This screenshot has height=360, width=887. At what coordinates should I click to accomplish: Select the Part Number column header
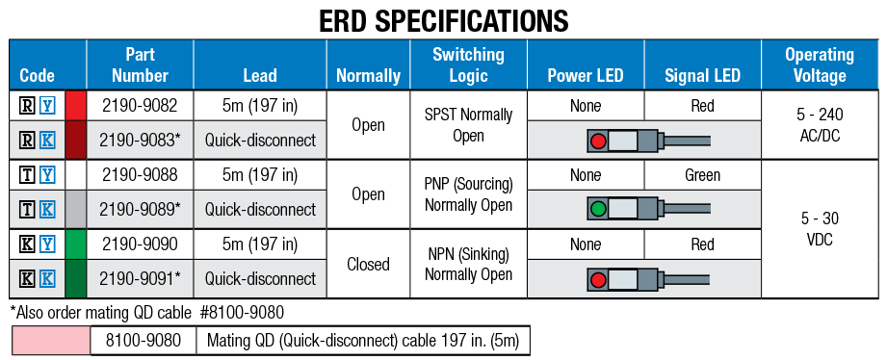point(140,64)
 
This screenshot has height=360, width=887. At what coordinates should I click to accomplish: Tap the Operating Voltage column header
point(819,64)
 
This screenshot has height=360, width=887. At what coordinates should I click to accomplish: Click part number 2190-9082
point(140,106)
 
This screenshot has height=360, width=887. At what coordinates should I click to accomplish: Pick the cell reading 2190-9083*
point(140,141)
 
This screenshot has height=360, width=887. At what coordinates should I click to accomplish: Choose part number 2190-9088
point(140,175)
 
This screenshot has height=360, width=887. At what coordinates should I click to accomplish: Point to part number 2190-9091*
point(140,279)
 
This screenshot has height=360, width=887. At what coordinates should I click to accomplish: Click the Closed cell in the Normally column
point(368,263)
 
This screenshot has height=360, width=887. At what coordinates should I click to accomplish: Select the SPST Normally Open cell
point(468,124)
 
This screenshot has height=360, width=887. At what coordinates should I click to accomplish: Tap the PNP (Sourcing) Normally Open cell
point(468,193)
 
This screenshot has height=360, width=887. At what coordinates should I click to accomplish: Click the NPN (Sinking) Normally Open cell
point(468,263)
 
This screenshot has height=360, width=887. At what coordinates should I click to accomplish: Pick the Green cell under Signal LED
point(702,175)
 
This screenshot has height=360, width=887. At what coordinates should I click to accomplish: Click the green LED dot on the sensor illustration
point(597,210)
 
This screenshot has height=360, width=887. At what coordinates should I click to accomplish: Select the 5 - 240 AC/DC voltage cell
point(819,124)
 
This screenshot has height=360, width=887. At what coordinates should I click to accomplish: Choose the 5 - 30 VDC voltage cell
point(819,228)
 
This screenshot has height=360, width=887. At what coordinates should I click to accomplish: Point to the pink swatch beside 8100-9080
point(51,340)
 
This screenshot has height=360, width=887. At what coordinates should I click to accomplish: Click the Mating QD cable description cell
point(362,340)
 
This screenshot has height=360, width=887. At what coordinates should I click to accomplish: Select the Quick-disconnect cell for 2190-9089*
point(260,210)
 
